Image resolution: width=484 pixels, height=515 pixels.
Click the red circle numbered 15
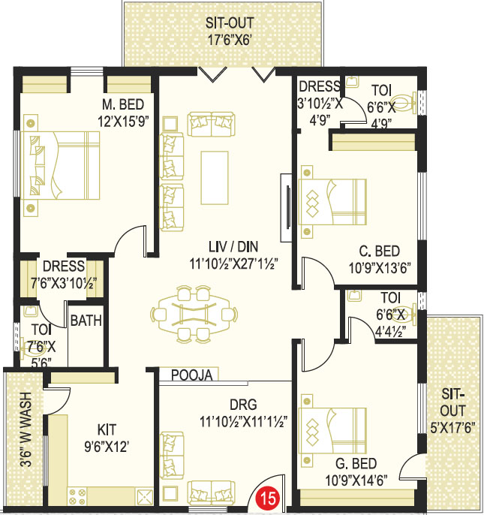coord(268,498)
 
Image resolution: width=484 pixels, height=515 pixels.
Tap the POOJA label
coord(192,375)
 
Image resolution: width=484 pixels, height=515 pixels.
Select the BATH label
coord(86,321)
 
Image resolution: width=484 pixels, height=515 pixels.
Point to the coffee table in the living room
coord(215,178)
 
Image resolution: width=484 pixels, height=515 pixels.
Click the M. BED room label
coord(123,104)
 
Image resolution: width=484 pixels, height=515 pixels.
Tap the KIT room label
coord(107,429)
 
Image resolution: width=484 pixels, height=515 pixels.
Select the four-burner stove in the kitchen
coord(77,497)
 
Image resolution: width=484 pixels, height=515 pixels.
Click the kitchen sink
coord(145,497)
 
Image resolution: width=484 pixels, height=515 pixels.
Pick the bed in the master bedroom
coord(60,165)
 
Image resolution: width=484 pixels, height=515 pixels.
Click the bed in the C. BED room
coord(332,202)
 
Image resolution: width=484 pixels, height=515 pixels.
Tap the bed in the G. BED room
coord(332,431)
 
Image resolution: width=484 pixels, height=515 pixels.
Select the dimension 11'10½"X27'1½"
coord(234,264)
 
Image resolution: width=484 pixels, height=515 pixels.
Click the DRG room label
coord(243,405)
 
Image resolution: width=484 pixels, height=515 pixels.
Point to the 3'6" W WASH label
coord(26,429)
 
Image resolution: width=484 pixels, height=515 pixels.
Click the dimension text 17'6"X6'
coord(230,40)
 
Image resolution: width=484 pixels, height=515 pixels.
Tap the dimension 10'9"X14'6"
coord(356,480)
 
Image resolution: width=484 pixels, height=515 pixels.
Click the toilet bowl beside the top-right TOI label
coord(404,102)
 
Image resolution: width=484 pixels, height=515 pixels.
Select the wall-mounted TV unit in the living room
coord(287,207)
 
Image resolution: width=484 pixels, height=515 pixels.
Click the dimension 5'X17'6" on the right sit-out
coord(452,428)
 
